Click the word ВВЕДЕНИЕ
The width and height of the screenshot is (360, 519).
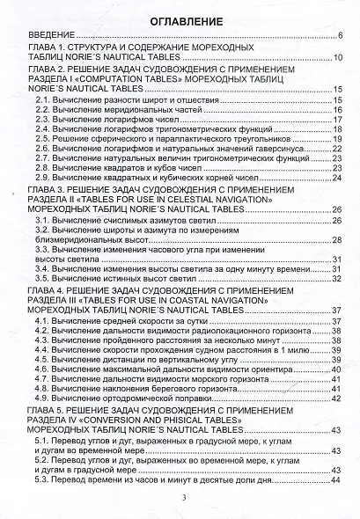(49, 36)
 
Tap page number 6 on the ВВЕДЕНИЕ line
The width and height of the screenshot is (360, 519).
(339, 36)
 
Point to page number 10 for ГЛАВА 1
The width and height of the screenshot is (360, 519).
(337, 57)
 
